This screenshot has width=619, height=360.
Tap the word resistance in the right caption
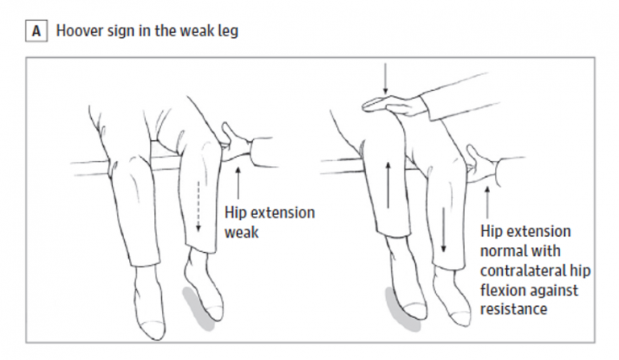point(514,309)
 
